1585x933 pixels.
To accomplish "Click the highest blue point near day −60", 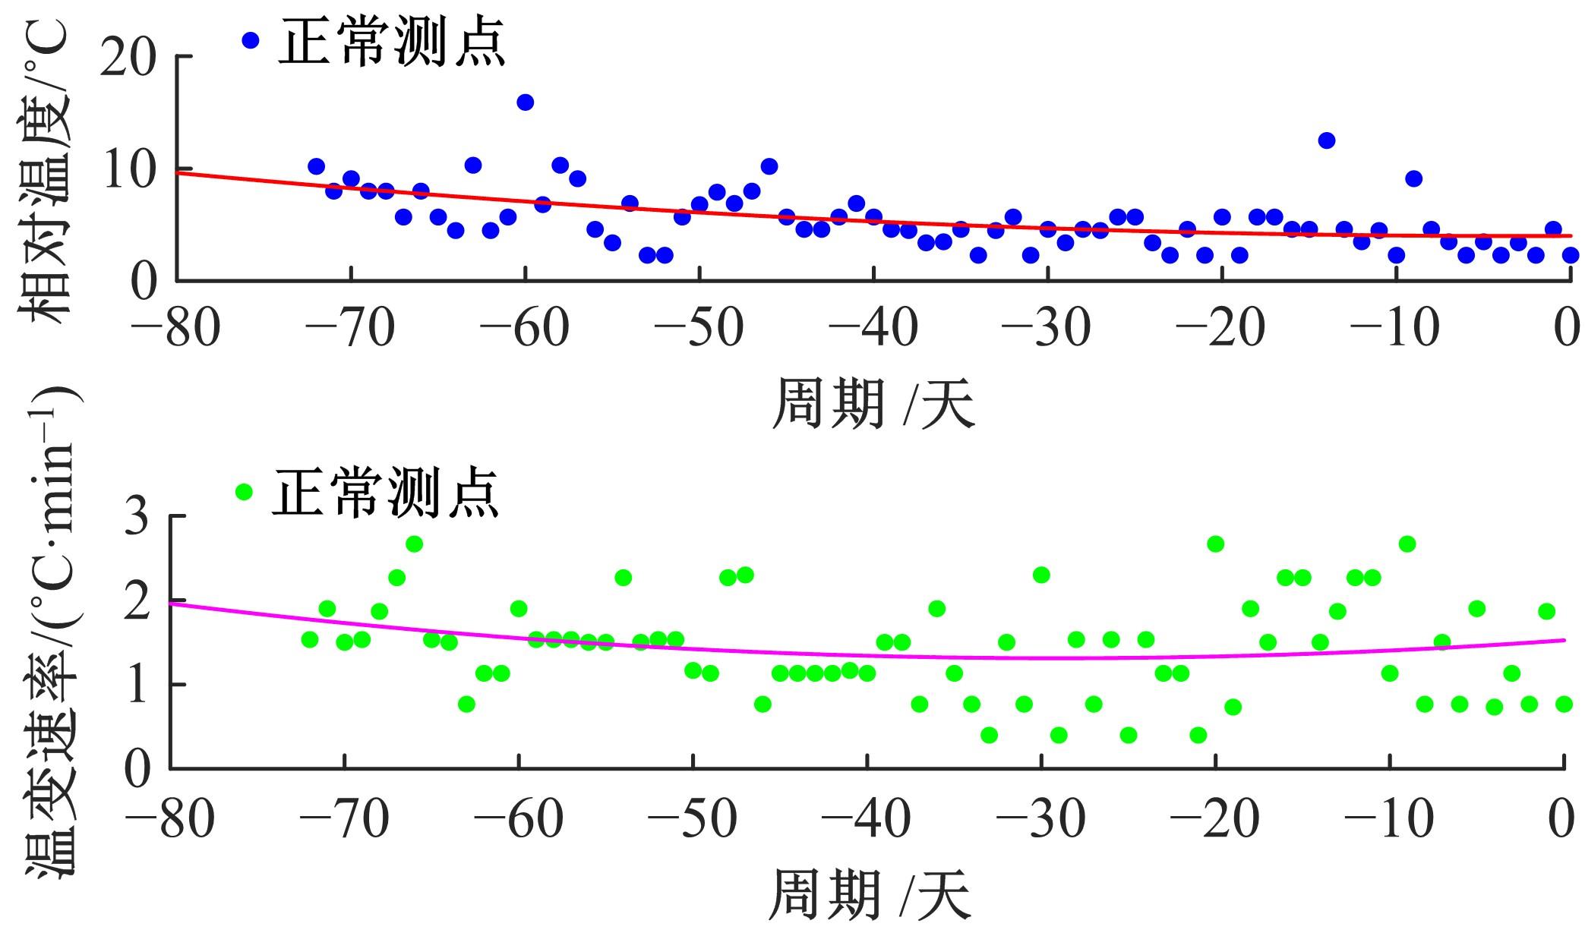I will point(525,102).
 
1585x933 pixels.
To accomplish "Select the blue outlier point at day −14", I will point(1327,140).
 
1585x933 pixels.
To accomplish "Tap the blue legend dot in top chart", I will point(251,39).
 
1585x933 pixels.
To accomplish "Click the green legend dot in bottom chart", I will point(244,491).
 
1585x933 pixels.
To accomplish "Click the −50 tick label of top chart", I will point(699,328).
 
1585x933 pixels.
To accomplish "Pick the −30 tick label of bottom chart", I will point(1040,818).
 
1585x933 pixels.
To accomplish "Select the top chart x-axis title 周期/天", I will point(873,405).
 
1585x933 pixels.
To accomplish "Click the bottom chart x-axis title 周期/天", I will point(869,897).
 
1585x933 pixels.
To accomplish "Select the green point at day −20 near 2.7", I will point(1215,544).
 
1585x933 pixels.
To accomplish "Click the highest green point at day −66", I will point(414,544).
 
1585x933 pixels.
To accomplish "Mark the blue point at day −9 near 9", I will point(1413,179).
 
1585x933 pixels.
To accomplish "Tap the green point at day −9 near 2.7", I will point(1407,544).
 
